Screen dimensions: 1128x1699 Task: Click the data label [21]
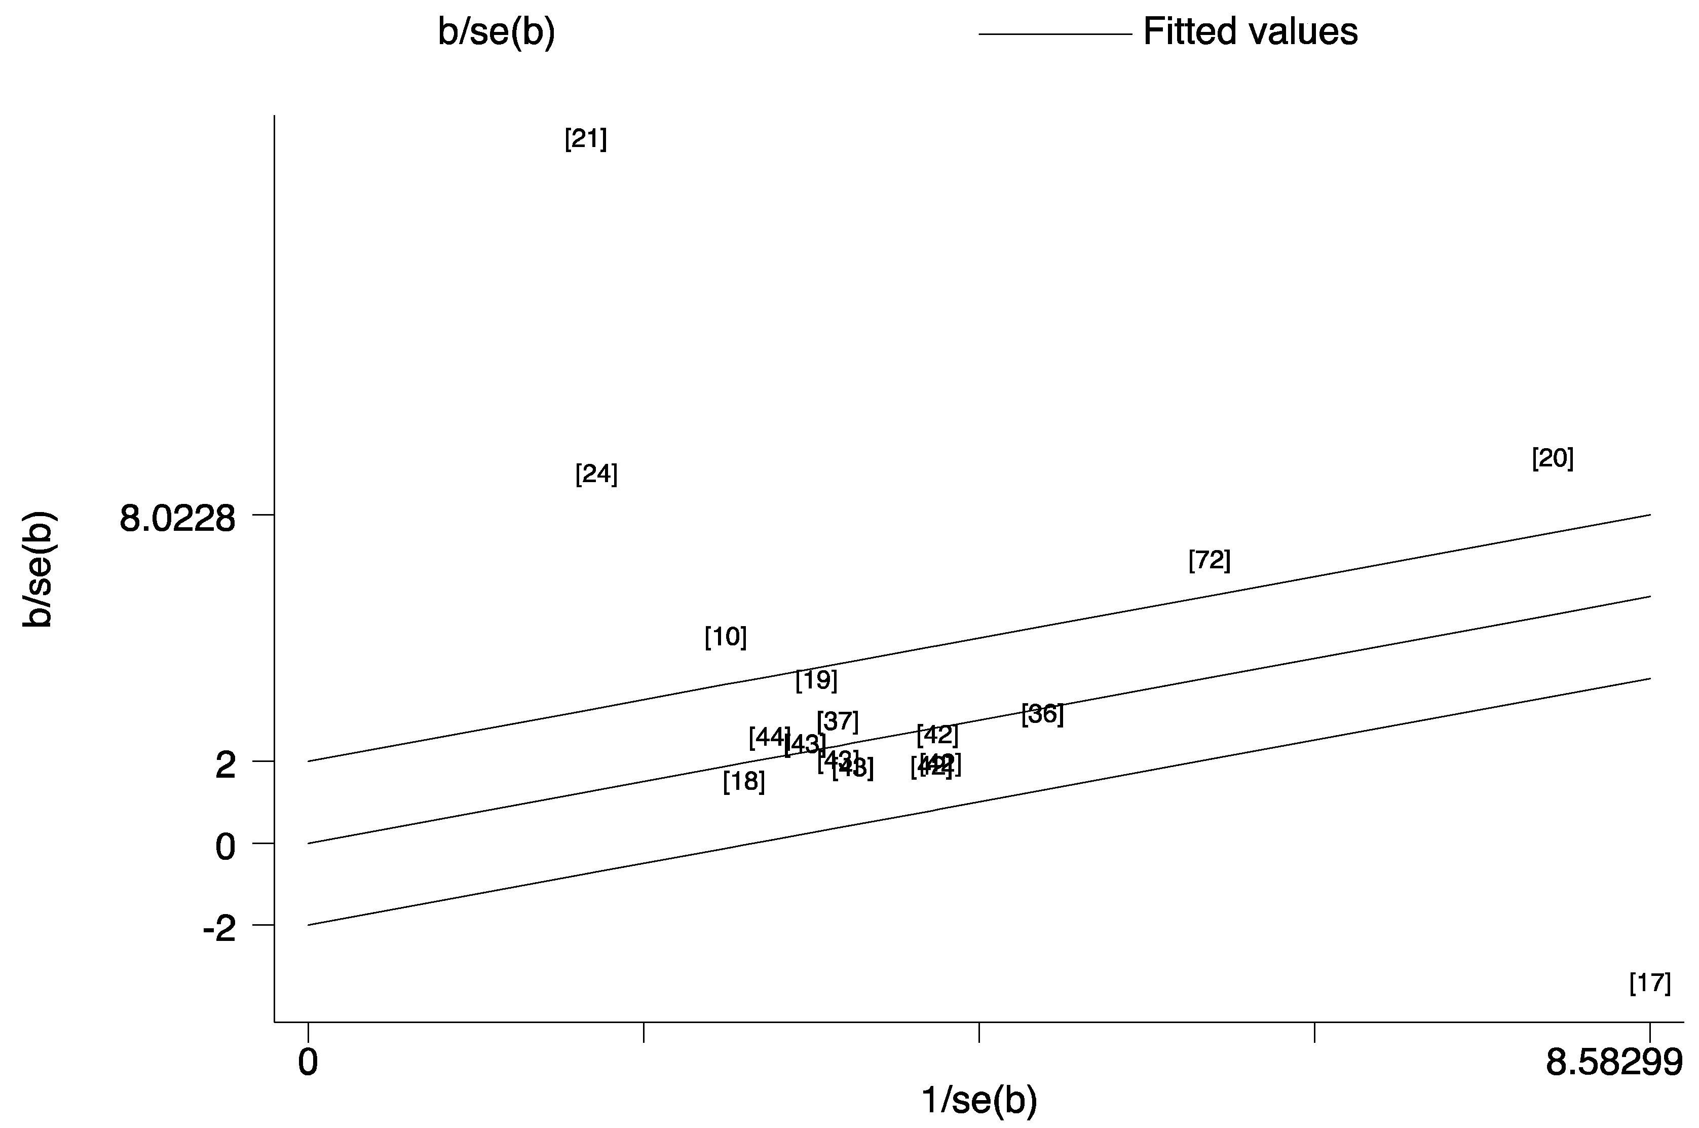pyautogui.click(x=585, y=139)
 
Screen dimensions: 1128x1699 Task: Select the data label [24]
pyautogui.click(x=596, y=474)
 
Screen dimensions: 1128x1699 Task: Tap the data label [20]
pyautogui.click(x=1553, y=458)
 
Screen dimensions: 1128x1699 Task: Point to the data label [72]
pyautogui.click(x=1210, y=560)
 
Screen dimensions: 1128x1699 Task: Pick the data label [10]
pyautogui.click(x=726, y=637)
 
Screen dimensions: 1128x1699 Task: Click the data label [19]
pyautogui.click(x=816, y=680)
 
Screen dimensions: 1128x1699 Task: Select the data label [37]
pyautogui.click(x=838, y=721)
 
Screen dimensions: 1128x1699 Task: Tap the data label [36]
pyautogui.click(x=1042, y=714)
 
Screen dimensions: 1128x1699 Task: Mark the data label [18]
pyautogui.click(x=743, y=781)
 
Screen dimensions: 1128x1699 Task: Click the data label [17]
pyautogui.click(x=1649, y=983)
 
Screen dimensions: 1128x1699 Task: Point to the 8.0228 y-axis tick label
pyautogui.click(x=177, y=519)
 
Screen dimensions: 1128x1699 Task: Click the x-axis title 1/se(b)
pyautogui.click(x=979, y=1100)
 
